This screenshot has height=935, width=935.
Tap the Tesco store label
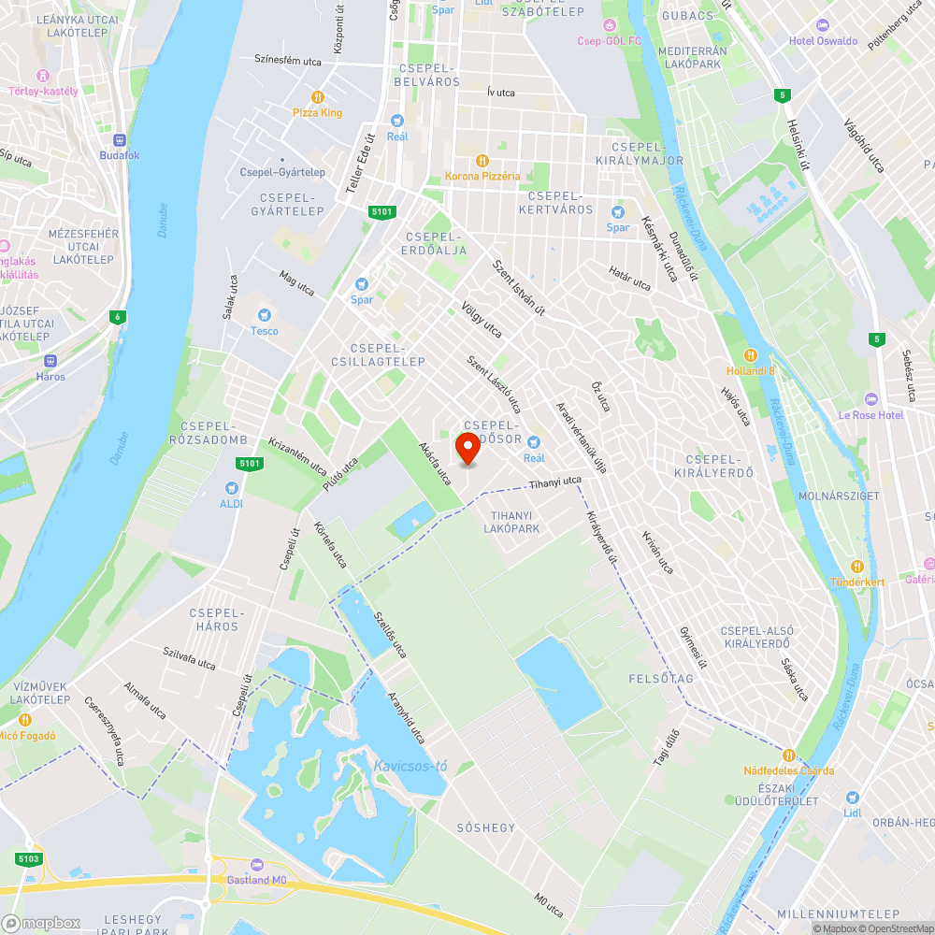(264, 330)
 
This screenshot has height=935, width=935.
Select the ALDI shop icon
(232, 487)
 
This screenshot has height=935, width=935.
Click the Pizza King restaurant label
(318, 112)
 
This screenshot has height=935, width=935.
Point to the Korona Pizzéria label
(482, 176)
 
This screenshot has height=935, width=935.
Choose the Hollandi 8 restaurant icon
(750, 355)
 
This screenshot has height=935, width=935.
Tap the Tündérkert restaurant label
(857, 582)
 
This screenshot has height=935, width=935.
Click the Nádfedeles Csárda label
(788, 770)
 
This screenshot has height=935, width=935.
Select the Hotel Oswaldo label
(823, 41)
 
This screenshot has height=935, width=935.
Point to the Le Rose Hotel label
(870, 414)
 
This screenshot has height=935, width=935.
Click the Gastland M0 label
(257, 880)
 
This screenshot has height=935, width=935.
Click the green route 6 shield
(118, 316)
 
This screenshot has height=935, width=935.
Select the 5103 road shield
(28, 858)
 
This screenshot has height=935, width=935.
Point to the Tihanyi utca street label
(554, 482)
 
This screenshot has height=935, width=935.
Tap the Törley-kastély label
(41, 91)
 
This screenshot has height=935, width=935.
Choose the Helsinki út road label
(796, 146)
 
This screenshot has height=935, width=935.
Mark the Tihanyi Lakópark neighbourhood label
(511, 522)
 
